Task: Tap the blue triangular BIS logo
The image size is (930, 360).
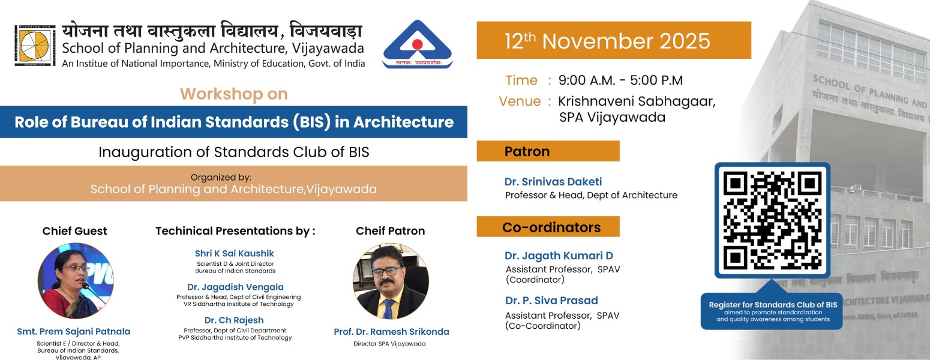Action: coord(418,46)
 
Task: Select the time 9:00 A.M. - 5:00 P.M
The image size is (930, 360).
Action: coord(620,80)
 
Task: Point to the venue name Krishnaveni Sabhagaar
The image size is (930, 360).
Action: coord(637,101)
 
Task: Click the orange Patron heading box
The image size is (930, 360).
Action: coord(548,151)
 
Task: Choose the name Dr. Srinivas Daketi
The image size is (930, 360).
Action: coord(553,182)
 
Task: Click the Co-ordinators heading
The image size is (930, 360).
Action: coord(548,227)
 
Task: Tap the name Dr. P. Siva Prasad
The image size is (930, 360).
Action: coord(551,301)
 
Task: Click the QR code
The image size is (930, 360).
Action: coord(772,220)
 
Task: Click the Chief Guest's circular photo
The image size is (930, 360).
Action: coord(75,280)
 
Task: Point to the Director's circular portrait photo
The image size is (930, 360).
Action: coord(391,281)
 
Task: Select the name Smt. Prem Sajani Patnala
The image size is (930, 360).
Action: coord(74,332)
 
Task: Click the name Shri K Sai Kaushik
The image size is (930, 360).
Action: coord(234,254)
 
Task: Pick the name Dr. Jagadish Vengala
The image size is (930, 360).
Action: coord(235,287)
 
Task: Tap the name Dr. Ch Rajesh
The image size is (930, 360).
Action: coord(234,320)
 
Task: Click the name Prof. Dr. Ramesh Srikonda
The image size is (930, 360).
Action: coord(391,332)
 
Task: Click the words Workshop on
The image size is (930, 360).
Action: coord(234,94)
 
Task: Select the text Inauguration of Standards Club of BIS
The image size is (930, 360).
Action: coord(233,152)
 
